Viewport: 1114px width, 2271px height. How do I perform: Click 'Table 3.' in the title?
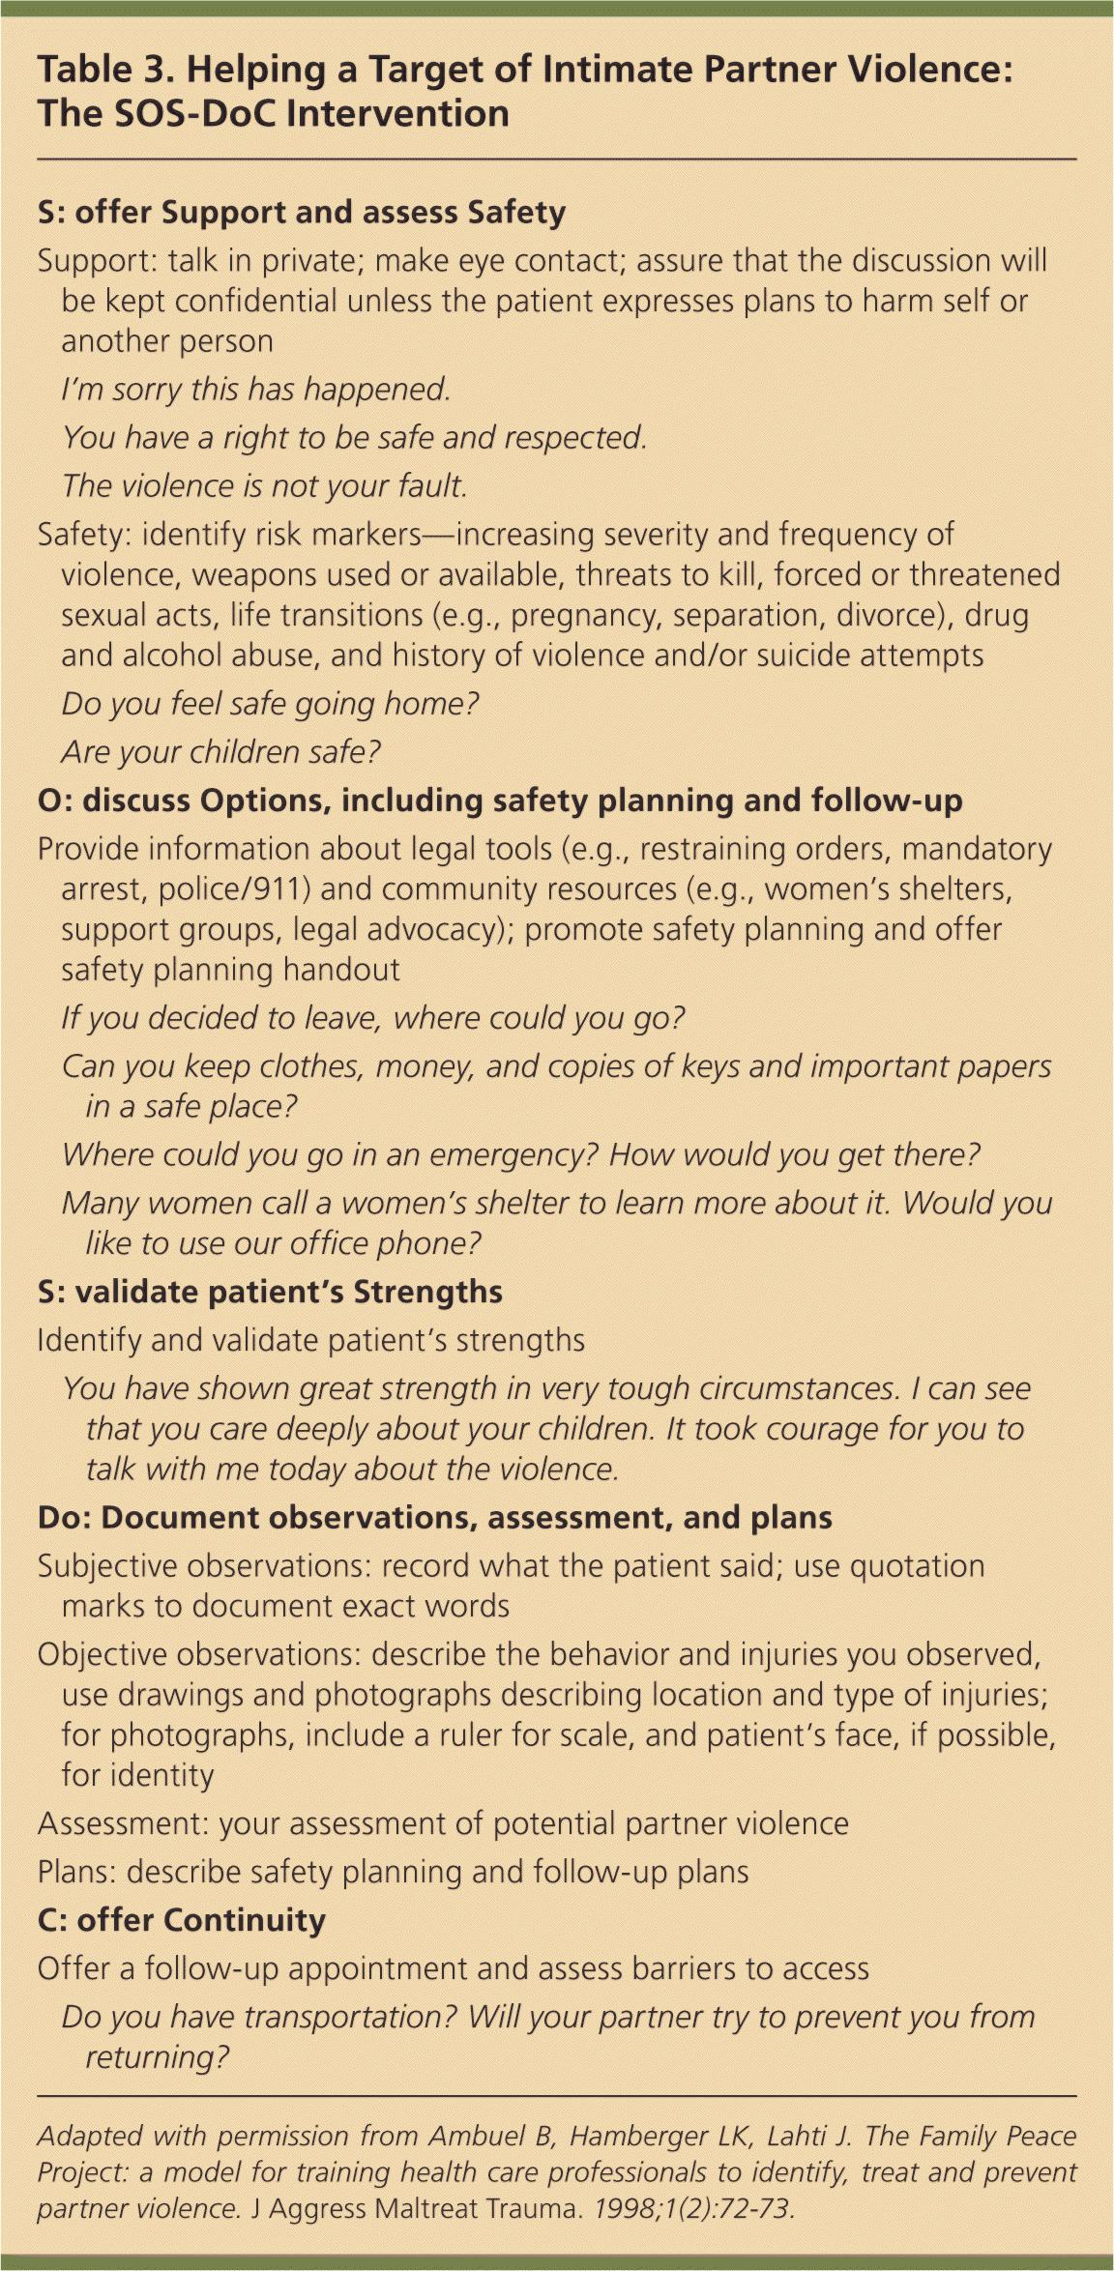(x=106, y=71)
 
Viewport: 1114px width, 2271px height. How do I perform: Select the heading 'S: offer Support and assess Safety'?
(x=301, y=213)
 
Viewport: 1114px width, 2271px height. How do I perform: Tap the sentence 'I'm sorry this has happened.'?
(x=256, y=390)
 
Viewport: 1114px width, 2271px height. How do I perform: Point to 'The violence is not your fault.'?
(x=264, y=486)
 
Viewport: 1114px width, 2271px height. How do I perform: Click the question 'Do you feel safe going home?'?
(x=270, y=704)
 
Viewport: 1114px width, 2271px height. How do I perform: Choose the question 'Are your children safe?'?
(x=220, y=752)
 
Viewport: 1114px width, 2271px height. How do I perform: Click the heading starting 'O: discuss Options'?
(x=500, y=801)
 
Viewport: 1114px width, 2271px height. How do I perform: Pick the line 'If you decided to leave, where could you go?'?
(x=373, y=1018)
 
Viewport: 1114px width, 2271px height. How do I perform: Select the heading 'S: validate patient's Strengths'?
(x=270, y=1293)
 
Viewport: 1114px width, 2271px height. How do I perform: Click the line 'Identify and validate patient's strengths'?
(x=310, y=1341)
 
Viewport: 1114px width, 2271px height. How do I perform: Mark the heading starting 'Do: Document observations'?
(x=434, y=1518)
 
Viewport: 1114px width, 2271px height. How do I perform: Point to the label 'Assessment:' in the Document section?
(x=124, y=1824)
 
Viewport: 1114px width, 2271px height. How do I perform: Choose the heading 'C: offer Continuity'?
(x=181, y=1921)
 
